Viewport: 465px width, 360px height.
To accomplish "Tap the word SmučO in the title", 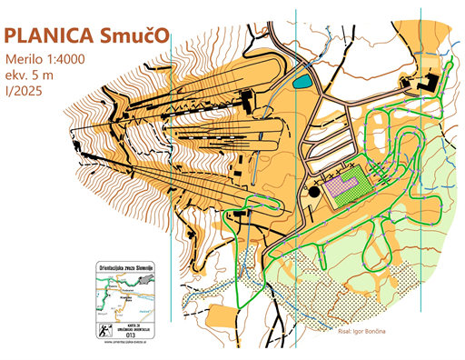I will tap(134, 35).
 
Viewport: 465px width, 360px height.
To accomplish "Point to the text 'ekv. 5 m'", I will tap(33, 75).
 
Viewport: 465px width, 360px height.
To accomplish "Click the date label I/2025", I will tap(25, 90).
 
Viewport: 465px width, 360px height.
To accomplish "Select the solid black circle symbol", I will tap(314, 191).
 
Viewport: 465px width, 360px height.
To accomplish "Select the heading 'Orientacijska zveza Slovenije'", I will tap(131, 268).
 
